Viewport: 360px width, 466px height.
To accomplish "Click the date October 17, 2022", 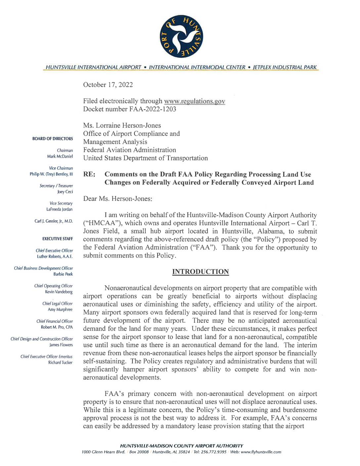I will pyautogui.click(x=108, y=85).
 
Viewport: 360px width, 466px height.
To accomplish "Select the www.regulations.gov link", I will pyautogui.click(x=195, y=101).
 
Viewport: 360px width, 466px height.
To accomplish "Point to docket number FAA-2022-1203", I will pyautogui.click(x=129, y=109).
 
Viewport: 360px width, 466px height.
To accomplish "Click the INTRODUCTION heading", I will pyautogui.click(x=201, y=272).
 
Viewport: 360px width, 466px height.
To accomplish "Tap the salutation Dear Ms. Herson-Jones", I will pyautogui.click(x=118, y=199).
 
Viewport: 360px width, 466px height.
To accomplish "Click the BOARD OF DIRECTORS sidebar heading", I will pyautogui.click(x=53, y=139).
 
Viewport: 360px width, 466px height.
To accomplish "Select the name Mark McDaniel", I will pyautogui.click(x=60, y=156).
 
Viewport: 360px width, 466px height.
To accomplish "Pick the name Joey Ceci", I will pyautogui.click(x=65, y=192).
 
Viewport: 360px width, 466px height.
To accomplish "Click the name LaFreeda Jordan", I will pyautogui.click(x=59, y=209).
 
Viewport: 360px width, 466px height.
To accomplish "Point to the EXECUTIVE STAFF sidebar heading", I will pyautogui.click(x=57, y=239).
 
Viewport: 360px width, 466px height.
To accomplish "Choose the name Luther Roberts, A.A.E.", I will pyautogui.click(x=55, y=256).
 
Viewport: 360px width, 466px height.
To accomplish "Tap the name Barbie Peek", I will pyautogui.click(x=63, y=274).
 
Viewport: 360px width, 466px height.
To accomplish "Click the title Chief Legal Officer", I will pyautogui.click(x=57, y=303).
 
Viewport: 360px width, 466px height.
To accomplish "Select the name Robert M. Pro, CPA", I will pyautogui.click(x=57, y=327).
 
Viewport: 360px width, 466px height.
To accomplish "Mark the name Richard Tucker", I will pyautogui.click(x=60, y=362).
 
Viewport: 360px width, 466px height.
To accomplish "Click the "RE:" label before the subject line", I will pyautogui.click(x=89, y=174).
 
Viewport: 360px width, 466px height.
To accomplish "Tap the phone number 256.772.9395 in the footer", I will pyautogui.click(x=214, y=452).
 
